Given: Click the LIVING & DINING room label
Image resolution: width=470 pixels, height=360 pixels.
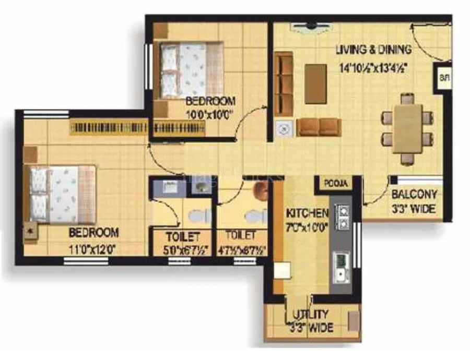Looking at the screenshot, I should click(x=373, y=50).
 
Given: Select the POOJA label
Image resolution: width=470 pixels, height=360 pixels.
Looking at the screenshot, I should click(x=334, y=184).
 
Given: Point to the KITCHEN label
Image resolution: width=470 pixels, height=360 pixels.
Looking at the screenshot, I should click(x=307, y=213).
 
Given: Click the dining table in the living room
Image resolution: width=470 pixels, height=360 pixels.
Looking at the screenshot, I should click(x=407, y=128).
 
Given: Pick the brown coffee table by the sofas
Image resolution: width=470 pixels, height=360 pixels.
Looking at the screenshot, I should click(x=315, y=83).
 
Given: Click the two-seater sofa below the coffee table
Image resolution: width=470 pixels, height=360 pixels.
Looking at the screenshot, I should click(x=319, y=127).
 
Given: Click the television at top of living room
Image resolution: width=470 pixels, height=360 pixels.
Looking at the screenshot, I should click(x=311, y=25).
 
